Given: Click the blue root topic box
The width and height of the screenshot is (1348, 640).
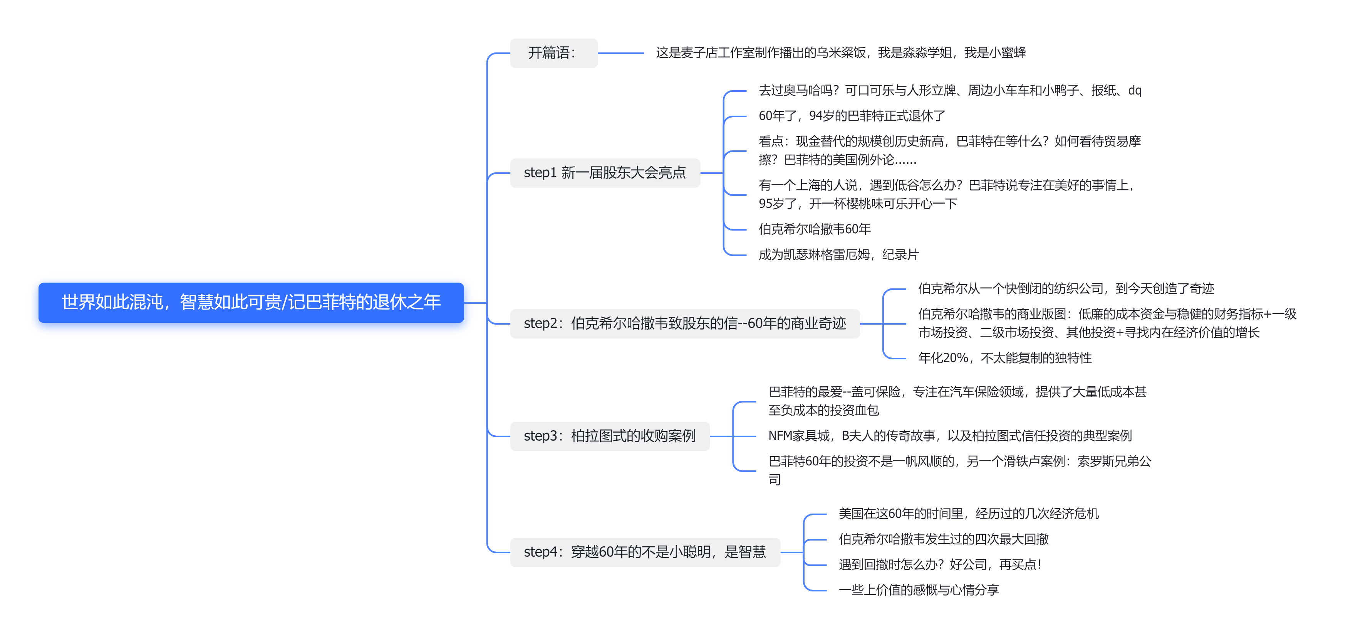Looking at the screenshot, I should point(251,302).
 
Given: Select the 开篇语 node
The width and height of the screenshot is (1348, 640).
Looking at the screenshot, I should point(553,53).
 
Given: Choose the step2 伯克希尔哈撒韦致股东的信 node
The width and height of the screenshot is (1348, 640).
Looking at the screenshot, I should point(684,323).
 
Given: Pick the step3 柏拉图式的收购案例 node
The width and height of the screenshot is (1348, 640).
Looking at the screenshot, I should point(609,436).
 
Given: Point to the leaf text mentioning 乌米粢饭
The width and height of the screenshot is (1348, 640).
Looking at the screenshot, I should point(840,53).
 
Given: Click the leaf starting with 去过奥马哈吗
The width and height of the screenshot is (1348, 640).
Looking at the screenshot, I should point(949,91).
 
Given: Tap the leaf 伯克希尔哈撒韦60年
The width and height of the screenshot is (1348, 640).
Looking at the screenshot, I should point(814,229).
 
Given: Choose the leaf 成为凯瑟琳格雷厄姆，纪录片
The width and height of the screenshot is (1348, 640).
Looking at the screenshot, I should point(838,254).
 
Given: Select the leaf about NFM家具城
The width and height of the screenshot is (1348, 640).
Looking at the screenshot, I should point(949,436).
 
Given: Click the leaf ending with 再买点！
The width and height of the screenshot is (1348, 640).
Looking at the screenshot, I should point(939,564).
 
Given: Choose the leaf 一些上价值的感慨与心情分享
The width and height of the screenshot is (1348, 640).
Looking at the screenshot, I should point(919,590).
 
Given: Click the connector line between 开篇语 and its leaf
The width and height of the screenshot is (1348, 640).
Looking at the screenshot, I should point(620,53).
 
